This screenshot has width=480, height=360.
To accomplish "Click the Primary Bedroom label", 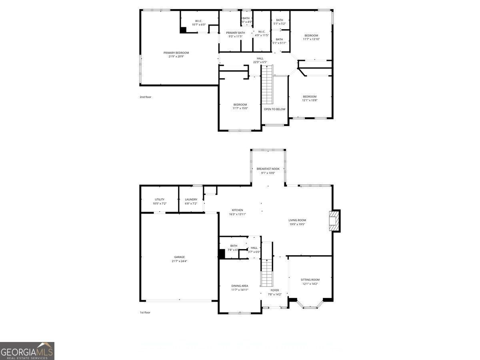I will click(x=176, y=53).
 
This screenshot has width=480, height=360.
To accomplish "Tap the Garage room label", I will click(x=179, y=257).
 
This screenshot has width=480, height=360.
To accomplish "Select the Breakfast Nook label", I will click(x=268, y=169).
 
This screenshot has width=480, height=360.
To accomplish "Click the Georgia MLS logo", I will click(x=27, y=351).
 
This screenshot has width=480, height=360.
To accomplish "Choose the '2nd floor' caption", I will click(x=145, y=97).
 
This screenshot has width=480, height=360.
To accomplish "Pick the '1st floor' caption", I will click(x=145, y=312).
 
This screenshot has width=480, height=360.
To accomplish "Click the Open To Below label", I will click(x=274, y=109).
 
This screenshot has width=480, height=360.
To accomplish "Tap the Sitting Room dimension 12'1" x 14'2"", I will click(x=310, y=284).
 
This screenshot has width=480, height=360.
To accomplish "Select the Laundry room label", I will click(x=191, y=199).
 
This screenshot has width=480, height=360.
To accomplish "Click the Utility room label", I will click(x=159, y=199).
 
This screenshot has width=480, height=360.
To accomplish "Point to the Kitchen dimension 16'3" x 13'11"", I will click(x=237, y=214).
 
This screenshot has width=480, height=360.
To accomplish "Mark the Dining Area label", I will click(x=240, y=286).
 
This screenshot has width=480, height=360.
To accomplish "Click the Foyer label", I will click(x=274, y=290).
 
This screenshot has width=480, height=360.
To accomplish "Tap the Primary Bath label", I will click(x=236, y=32).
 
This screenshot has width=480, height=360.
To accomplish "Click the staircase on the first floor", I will click(x=267, y=272).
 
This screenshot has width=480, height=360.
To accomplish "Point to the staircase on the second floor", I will click(x=267, y=84).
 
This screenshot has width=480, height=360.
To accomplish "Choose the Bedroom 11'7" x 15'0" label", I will click(x=240, y=105).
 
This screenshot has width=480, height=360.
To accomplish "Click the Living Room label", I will click(x=297, y=220).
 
